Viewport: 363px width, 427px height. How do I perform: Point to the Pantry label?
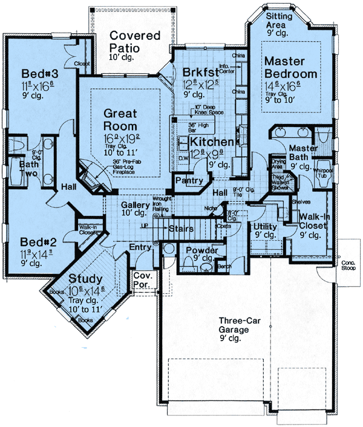pyautogui.click(x=186, y=180)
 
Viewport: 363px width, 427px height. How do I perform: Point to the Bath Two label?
pyautogui.click(x=13, y=169)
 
